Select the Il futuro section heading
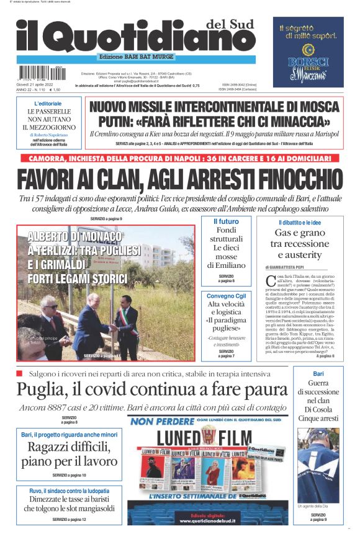226,221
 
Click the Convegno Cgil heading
226,296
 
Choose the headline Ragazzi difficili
69,450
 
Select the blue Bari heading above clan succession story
318,374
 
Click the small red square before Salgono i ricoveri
19,373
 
